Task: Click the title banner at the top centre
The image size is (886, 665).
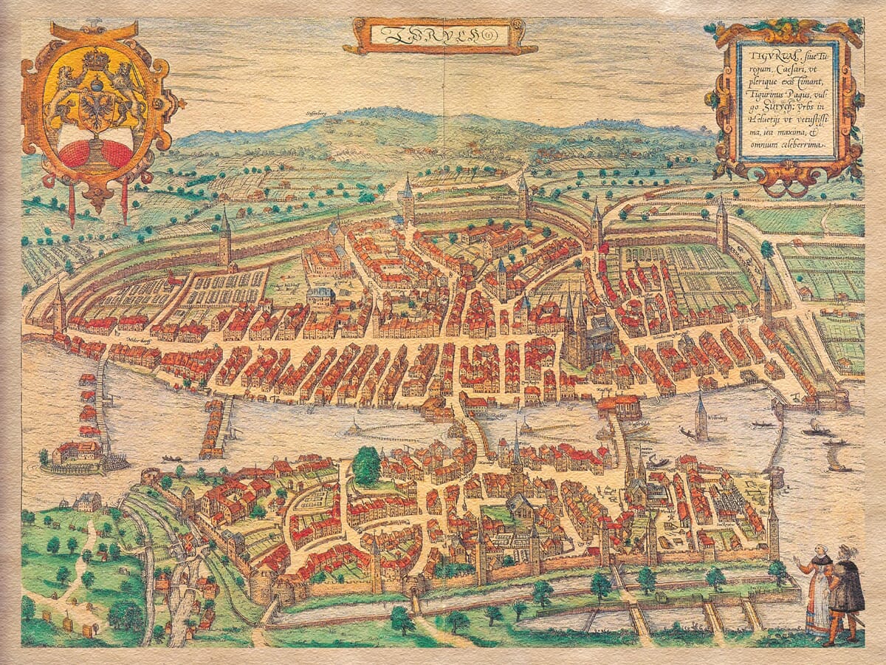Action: [440, 34]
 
